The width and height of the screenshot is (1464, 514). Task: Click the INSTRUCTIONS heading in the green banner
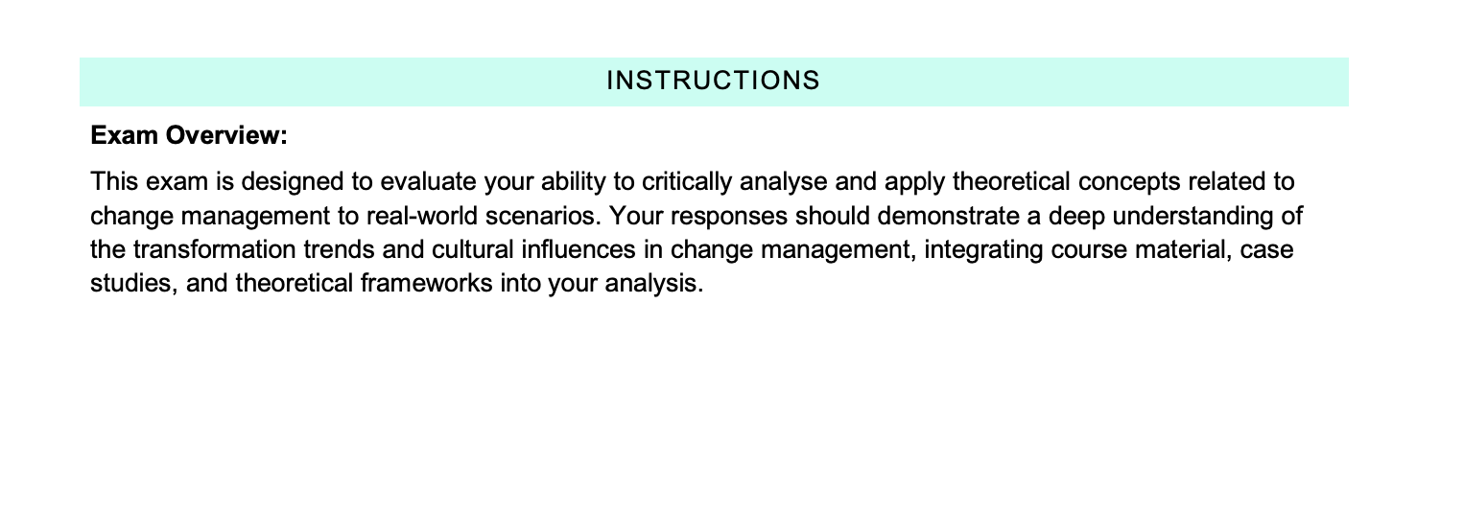(713, 81)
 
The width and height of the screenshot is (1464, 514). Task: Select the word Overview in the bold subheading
(226, 135)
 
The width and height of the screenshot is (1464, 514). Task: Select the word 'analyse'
(784, 181)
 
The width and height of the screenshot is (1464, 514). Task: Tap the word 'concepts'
(1129, 182)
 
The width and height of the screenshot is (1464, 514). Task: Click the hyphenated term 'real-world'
(422, 216)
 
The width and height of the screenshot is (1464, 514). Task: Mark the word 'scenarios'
(543, 216)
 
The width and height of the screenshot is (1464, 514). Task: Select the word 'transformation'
(214, 249)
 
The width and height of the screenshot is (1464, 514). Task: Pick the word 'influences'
(579, 249)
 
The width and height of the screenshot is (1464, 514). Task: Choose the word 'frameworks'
(426, 283)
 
